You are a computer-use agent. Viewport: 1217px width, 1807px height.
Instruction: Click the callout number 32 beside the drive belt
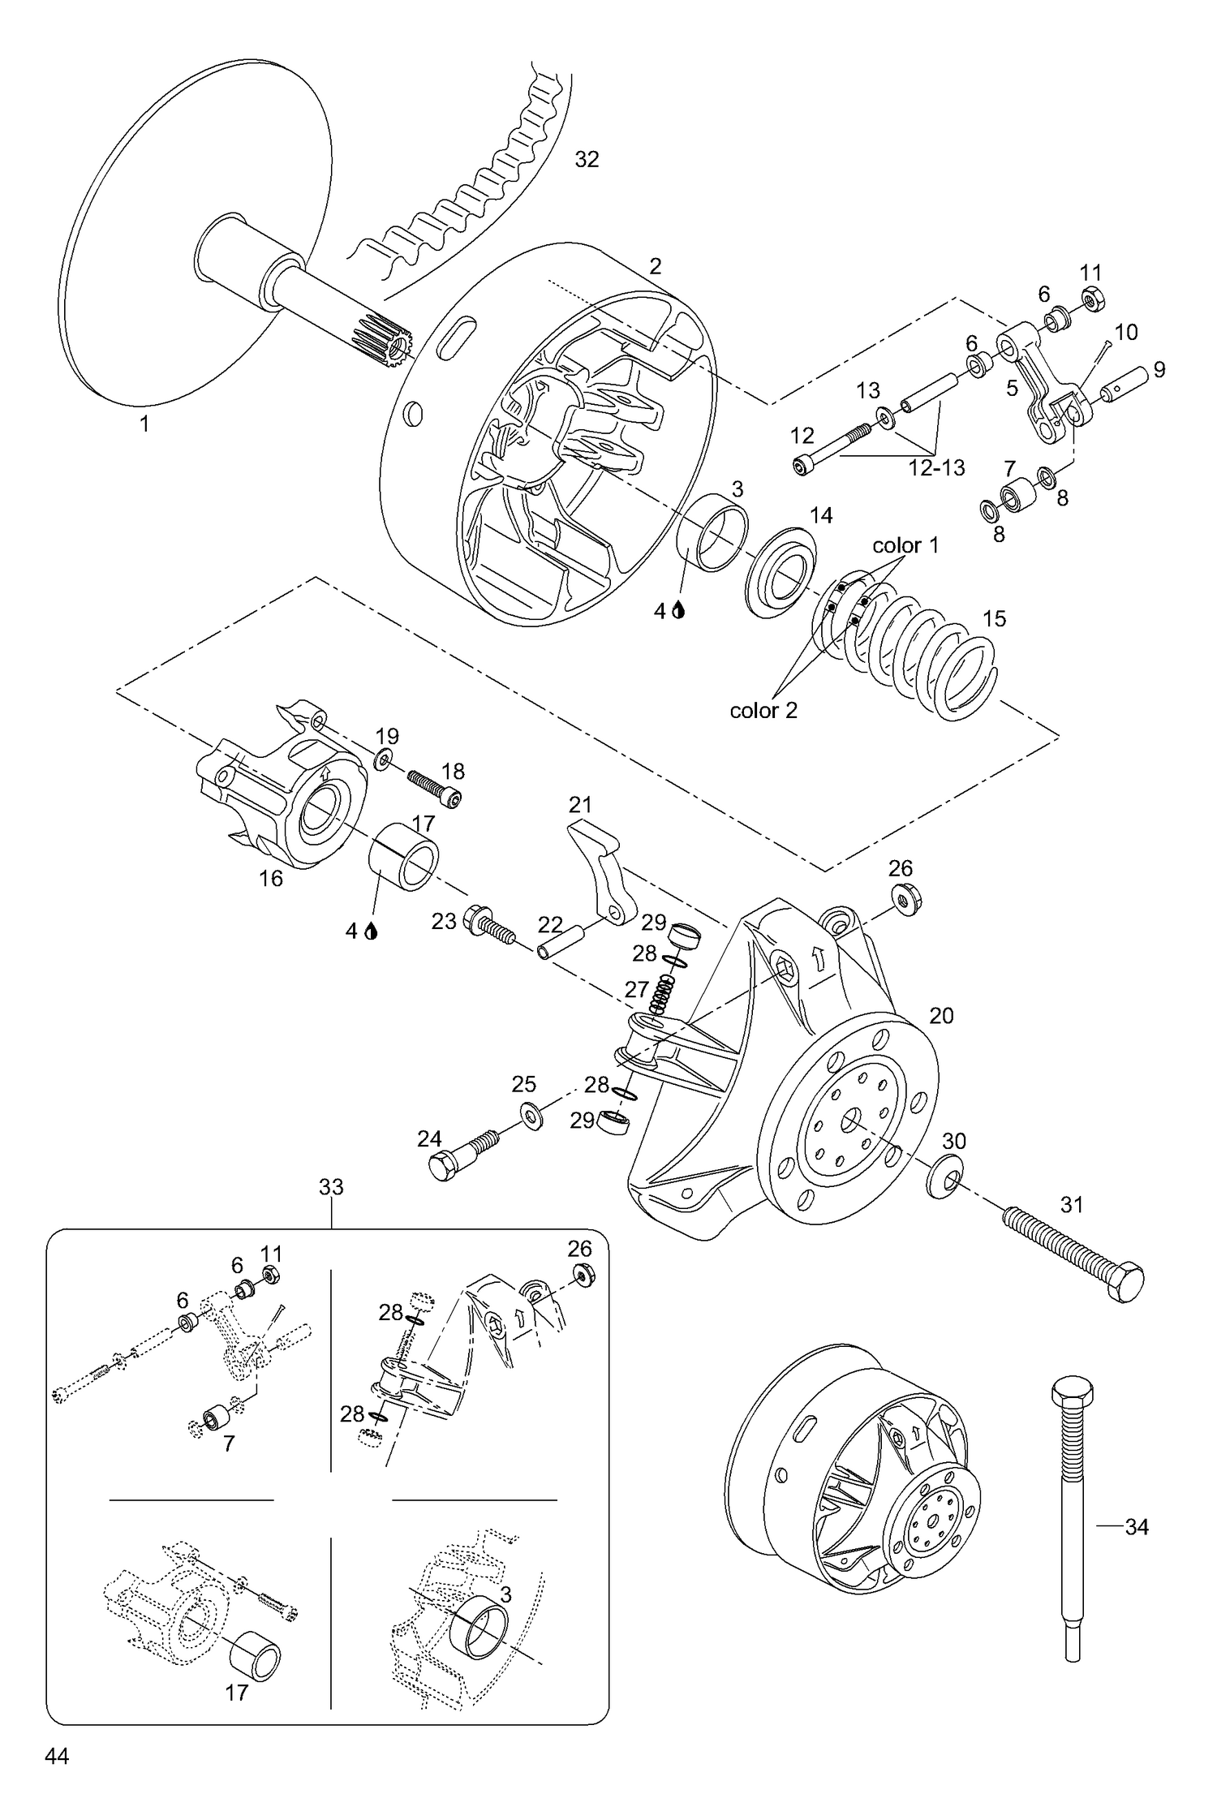pyautogui.click(x=587, y=160)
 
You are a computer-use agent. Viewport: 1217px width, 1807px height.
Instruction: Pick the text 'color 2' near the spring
pyautogui.click(x=763, y=711)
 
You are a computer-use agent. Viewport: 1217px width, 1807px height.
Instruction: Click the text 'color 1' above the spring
pyautogui.click(x=905, y=545)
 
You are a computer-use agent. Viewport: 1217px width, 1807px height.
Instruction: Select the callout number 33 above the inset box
pyautogui.click(x=331, y=1187)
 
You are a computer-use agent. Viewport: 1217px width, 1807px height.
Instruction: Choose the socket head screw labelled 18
pyautogui.click(x=434, y=788)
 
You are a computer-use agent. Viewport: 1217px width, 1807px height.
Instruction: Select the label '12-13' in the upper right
pyautogui.click(x=937, y=467)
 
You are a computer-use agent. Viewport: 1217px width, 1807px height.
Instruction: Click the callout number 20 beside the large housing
pyautogui.click(x=941, y=1016)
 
